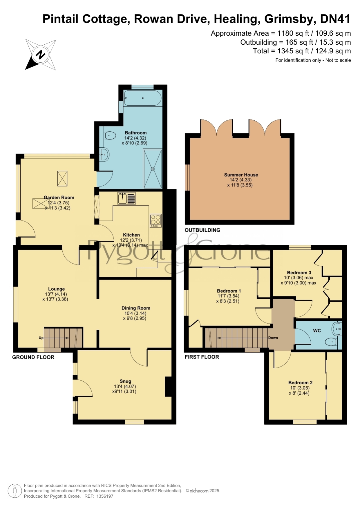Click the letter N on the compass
pos(41,55)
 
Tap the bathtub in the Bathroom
pos(142,98)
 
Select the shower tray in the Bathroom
pos(153,169)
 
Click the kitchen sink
pos(126,198)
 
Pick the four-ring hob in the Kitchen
pos(155,220)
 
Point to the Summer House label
pos(241,175)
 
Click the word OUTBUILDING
pos(202,230)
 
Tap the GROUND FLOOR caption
pos(33,357)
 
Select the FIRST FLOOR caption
pos(202,357)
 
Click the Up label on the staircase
pos(41,338)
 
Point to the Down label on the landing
pos(273,338)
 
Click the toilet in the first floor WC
pos(331,342)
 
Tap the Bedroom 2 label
pos(300,383)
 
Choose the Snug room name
pos(125,381)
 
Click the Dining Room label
pos(136,308)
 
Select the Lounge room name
pos(57,289)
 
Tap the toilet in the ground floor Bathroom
pos(110,135)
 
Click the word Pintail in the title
pos(61,19)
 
